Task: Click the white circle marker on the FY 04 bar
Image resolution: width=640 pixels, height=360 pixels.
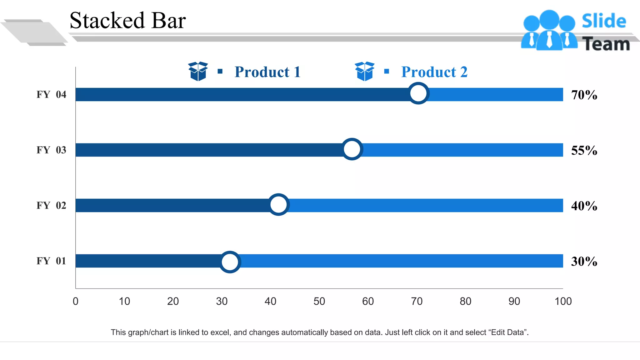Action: pos(418,93)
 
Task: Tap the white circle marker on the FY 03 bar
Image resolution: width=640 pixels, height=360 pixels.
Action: pos(352,149)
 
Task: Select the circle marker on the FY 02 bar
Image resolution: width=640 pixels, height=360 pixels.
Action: pos(278,205)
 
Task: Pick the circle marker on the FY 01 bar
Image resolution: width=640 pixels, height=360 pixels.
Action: pos(230,262)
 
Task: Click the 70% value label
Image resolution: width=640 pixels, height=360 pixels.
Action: pos(584,95)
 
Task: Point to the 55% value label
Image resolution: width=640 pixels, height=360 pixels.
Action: pos(584,150)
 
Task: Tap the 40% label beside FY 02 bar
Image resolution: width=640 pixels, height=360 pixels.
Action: pos(584,206)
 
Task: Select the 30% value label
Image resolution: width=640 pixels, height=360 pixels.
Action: pos(584,261)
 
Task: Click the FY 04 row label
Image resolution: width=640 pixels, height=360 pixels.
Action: pos(51,94)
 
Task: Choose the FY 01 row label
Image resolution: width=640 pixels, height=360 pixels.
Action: pos(51,261)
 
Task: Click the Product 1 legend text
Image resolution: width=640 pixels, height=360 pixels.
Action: pos(267,72)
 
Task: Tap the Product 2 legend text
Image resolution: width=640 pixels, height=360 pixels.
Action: pos(434,72)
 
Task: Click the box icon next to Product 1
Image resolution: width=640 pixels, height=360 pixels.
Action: pos(198,71)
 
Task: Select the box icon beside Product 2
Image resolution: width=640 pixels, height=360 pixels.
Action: pos(364,71)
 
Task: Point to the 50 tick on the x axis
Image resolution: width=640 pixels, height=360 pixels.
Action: pos(319,301)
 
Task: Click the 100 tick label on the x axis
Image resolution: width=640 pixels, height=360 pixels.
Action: pos(563,301)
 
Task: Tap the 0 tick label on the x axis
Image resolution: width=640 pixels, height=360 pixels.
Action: pos(76,301)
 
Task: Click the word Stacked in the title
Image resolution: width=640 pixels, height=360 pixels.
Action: pos(107,21)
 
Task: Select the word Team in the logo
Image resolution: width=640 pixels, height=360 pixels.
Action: pos(606,44)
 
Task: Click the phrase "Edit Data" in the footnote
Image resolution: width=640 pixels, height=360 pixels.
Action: pos(509,332)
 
